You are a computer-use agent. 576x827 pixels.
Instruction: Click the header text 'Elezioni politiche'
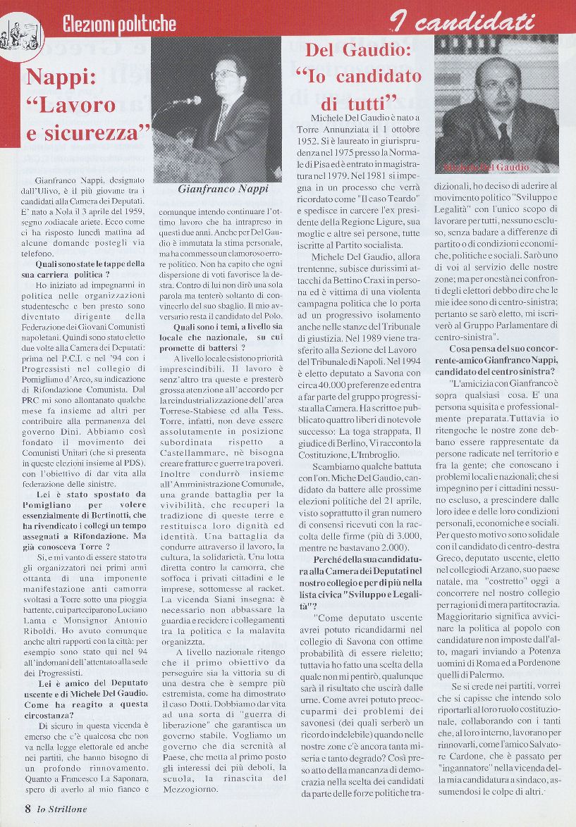(119, 25)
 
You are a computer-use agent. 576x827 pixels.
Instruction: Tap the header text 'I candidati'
(462, 23)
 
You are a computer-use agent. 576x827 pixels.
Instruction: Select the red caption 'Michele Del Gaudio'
(486, 168)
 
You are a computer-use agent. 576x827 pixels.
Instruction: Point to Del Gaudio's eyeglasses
(496, 85)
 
